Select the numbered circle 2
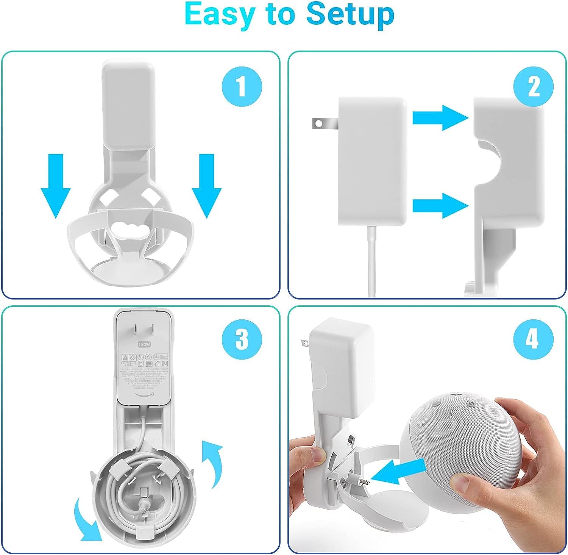tap(533, 87)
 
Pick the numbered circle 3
tap(242, 338)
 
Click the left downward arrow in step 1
tap(56, 186)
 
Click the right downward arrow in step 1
tap(206, 186)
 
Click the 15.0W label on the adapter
tap(144, 345)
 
